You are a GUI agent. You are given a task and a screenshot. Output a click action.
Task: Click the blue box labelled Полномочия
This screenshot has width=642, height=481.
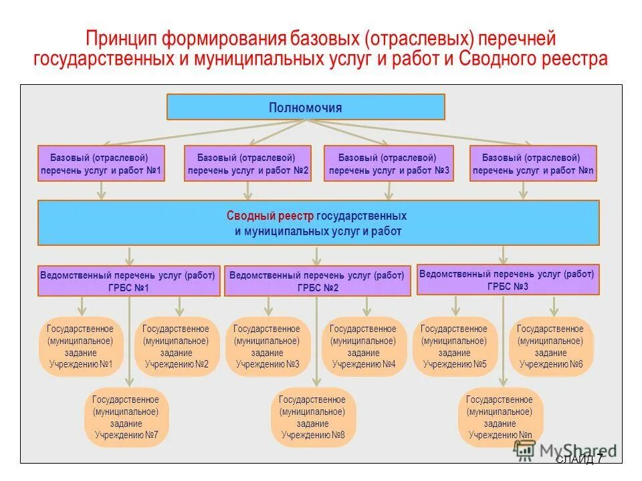click(x=306, y=107)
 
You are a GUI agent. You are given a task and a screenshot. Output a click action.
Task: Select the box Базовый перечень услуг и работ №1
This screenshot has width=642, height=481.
click(x=101, y=164)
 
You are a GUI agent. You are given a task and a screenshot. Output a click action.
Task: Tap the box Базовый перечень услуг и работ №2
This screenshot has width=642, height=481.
click(x=247, y=164)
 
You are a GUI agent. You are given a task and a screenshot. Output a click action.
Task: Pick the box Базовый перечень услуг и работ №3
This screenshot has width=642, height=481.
click(x=389, y=164)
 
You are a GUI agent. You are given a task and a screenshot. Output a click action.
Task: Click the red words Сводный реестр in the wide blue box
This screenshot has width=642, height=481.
click(x=270, y=216)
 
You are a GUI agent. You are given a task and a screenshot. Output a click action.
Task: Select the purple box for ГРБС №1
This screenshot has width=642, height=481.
click(x=128, y=281)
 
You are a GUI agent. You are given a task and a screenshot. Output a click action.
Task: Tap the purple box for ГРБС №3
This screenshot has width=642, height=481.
click(x=508, y=280)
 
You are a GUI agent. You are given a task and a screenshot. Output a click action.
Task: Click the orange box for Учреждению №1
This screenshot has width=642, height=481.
click(x=81, y=347)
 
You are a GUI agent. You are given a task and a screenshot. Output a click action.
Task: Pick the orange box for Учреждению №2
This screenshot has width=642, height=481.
click(x=177, y=347)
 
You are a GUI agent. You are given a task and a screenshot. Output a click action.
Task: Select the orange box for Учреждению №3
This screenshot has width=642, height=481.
click(x=267, y=347)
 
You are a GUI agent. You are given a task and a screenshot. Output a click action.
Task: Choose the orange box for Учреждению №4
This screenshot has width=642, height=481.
click(x=364, y=347)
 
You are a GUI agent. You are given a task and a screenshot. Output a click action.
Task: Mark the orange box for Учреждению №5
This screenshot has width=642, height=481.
click(x=455, y=347)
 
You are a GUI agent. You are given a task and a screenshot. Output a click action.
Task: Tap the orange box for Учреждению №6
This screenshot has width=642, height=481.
click(x=552, y=347)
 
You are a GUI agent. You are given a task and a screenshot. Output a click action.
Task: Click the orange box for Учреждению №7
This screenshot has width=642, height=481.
click(x=126, y=418)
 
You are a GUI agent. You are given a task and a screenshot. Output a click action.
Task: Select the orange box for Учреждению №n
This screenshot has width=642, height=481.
click(x=501, y=418)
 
